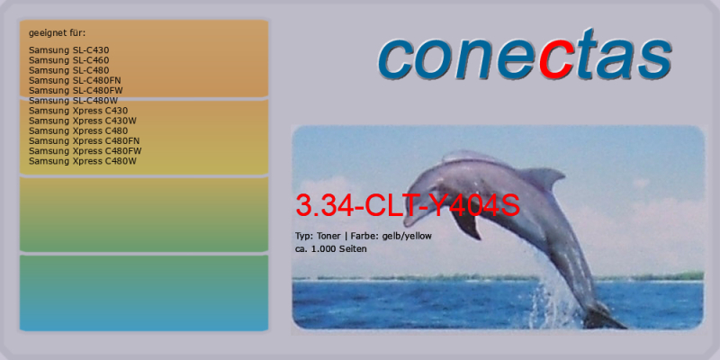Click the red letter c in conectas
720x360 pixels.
556,59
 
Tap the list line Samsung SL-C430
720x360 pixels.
69,50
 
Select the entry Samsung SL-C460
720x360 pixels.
69,60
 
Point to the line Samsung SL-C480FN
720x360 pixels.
75,80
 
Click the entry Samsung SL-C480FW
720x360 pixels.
76,91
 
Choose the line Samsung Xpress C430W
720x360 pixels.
83,121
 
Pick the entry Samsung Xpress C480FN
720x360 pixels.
84,141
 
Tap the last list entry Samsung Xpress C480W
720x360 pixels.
83,161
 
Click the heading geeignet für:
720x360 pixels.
58,33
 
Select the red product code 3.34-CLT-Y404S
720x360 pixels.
408,205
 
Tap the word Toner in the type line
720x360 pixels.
328,236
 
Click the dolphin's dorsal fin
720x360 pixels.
544,177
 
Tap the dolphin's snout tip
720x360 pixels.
407,221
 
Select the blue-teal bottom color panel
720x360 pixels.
144,293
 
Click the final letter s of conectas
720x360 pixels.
654,59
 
